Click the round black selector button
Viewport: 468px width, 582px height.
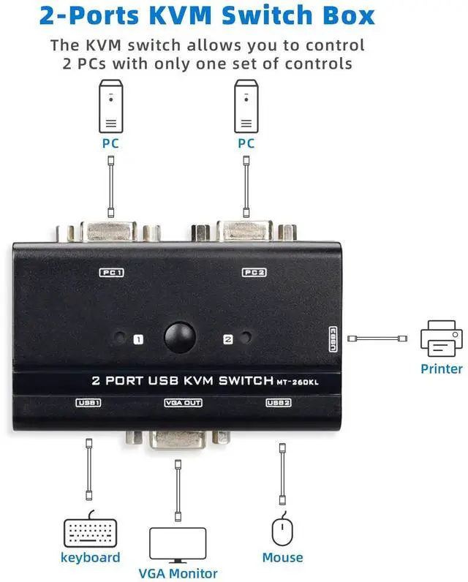point(178,338)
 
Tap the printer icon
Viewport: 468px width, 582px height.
point(441,339)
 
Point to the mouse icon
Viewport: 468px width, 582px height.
point(282,531)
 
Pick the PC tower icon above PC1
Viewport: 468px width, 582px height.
point(110,105)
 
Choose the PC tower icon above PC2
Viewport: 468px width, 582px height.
point(246,105)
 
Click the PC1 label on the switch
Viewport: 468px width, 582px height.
point(112,273)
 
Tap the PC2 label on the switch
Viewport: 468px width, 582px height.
point(254,273)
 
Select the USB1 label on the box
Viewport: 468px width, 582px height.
point(88,402)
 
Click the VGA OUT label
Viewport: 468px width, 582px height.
point(183,402)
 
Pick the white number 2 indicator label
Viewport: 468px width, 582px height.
point(227,339)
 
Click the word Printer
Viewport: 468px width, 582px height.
point(441,369)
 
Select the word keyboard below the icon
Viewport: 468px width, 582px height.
point(90,558)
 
